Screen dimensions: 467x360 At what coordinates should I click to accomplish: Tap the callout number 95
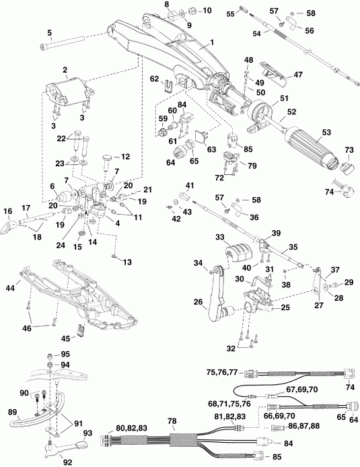[x=65, y=354]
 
